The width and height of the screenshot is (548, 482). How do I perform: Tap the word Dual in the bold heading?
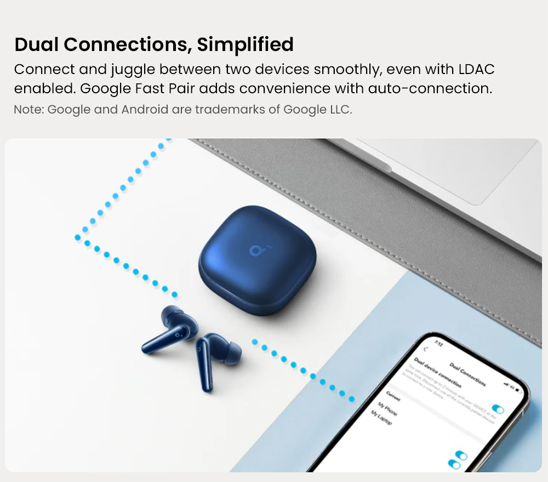coord(37,45)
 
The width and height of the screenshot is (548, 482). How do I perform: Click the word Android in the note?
coord(145,110)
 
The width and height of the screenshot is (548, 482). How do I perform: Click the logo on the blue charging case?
coord(256,250)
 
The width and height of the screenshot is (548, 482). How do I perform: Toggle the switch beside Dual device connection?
coord(498,409)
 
